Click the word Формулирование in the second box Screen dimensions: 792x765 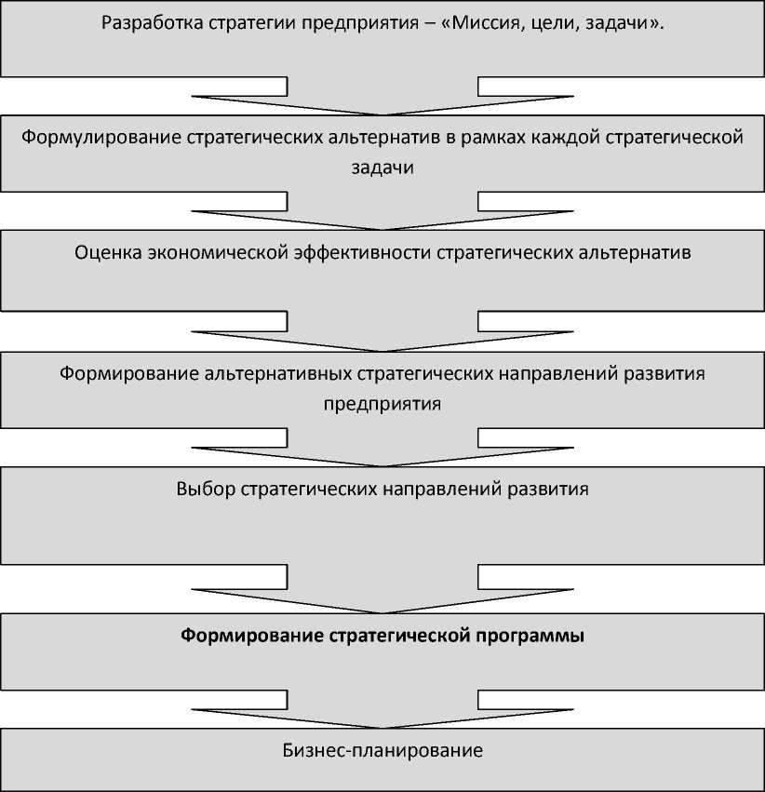tap(101, 139)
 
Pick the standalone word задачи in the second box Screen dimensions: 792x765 tap(382, 168)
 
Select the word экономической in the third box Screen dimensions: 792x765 tap(216, 253)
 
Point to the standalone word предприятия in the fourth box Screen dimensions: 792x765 tap(382, 404)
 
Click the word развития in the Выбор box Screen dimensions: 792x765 tap(556, 489)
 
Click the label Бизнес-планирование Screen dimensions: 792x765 tap(382, 750)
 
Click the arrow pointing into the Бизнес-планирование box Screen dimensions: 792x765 tap(382, 715)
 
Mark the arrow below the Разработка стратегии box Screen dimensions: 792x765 tap(382, 97)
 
